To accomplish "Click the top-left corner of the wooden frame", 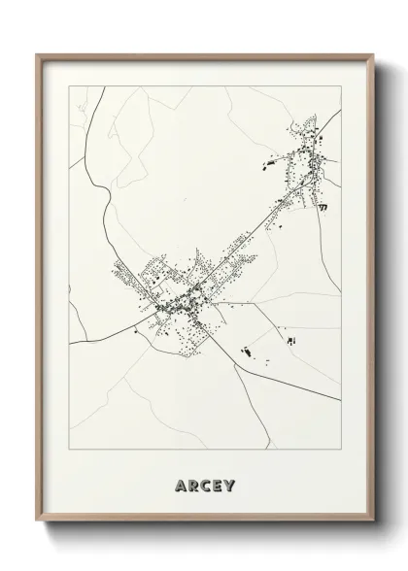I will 37,54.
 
